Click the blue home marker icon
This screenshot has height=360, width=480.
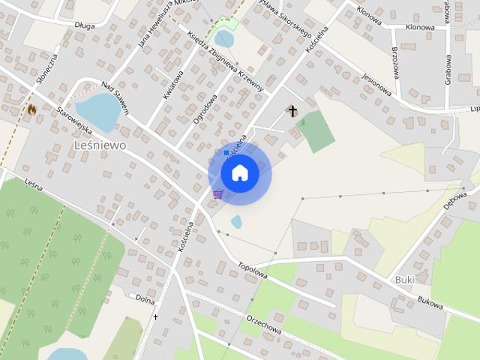click(240, 173)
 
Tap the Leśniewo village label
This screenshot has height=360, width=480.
click(100, 144)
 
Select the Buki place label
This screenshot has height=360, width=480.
click(404, 280)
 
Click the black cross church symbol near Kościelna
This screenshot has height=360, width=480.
click(292, 112)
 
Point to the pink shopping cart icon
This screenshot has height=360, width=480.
click(217, 194)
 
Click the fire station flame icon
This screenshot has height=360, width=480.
click(31, 109)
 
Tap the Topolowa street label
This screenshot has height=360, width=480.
click(252, 270)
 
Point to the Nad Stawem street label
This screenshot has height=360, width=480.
click(115, 97)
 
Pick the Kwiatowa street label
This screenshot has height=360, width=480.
click(172, 85)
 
